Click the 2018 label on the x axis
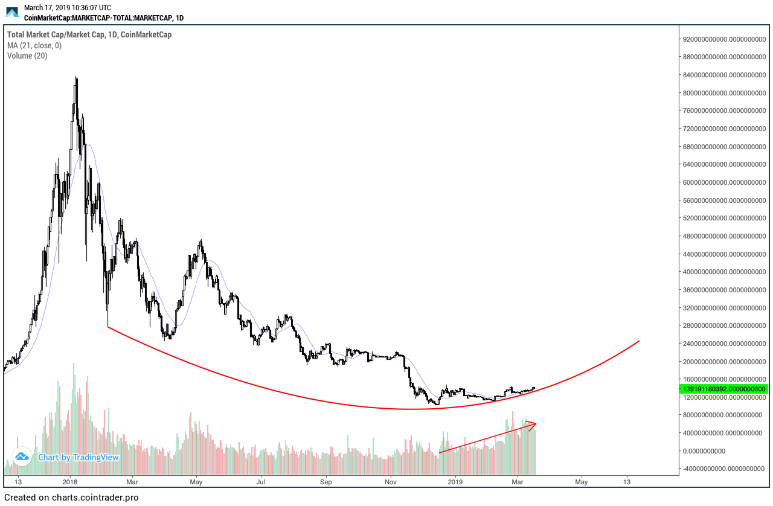point(70,482)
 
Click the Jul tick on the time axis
point(261,482)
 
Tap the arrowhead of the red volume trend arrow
point(534,424)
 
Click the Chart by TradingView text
point(79,457)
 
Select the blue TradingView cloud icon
point(22,456)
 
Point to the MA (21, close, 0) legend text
point(34,45)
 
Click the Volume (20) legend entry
point(27,56)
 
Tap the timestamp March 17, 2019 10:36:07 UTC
point(67,8)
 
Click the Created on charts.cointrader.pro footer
point(71,498)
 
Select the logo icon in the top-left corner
point(13,12)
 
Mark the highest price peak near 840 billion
point(76,77)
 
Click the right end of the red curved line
point(638,342)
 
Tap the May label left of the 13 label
point(581,482)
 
